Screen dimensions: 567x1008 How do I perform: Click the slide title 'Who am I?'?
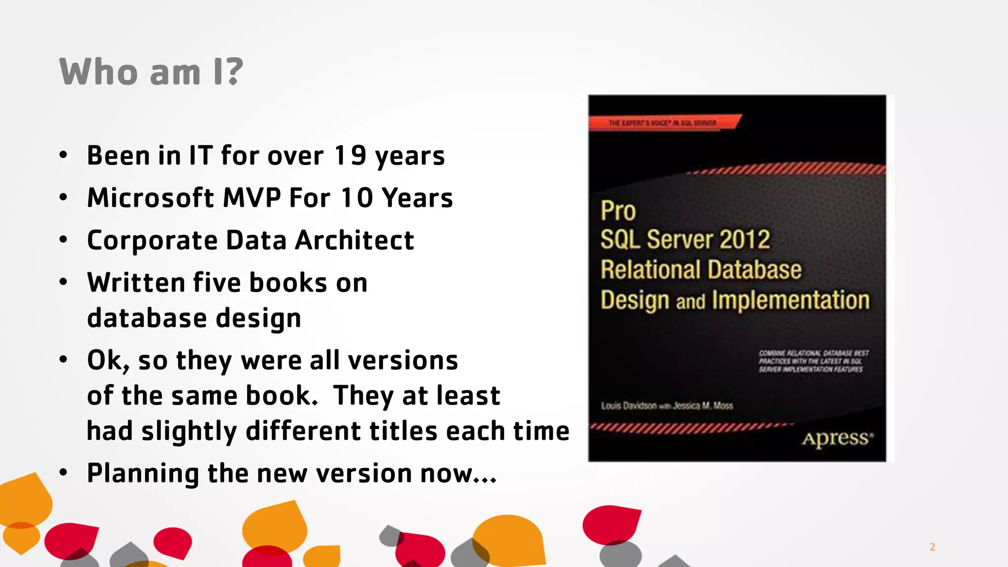coord(151,72)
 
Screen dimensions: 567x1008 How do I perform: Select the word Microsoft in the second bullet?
coord(151,198)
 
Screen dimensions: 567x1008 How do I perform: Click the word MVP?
coord(252,198)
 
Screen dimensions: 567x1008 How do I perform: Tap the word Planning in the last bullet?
coord(143,473)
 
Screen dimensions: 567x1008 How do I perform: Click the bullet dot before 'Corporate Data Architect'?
coord(63,240)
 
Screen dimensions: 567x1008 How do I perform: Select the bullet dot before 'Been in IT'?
coord(63,156)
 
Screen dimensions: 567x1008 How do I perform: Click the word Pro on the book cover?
coord(618,211)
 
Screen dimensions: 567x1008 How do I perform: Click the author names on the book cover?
coord(667,406)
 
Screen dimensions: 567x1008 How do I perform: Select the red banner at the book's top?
coord(664,122)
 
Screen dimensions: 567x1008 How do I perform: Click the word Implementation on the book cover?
coord(790,300)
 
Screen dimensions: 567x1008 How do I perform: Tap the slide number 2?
coord(932,547)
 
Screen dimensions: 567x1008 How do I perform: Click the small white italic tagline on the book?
coord(813,361)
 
